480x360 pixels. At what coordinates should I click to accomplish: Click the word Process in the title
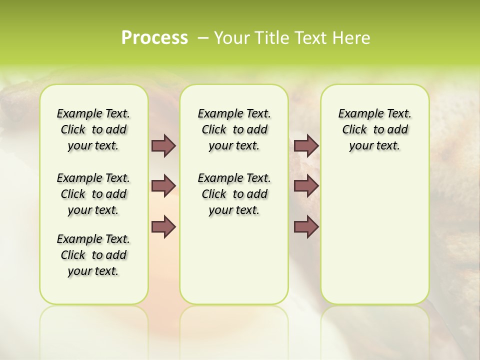(x=154, y=38)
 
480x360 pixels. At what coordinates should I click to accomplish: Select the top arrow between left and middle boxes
(x=163, y=145)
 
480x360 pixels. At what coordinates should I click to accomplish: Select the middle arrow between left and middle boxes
(x=163, y=186)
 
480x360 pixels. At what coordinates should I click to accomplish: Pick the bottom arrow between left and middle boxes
(x=163, y=226)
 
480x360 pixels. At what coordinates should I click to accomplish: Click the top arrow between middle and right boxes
(x=306, y=145)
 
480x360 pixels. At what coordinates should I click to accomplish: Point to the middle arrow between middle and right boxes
(x=306, y=186)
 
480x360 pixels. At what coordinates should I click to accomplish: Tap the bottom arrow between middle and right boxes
(x=306, y=226)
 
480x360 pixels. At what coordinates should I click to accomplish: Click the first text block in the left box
(x=93, y=129)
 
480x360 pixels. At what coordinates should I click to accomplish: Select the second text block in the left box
(x=93, y=194)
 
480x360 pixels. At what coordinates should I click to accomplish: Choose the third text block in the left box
(x=93, y=255)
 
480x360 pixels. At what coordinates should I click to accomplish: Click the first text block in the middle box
(x=234, y=129)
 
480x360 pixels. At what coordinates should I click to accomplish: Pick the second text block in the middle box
(x=234, y=194)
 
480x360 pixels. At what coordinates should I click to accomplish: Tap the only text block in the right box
(x=374, y=129)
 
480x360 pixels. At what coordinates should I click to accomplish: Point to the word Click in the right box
(x=354, y=129)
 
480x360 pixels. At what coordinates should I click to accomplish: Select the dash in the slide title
(x=203, y=38)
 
